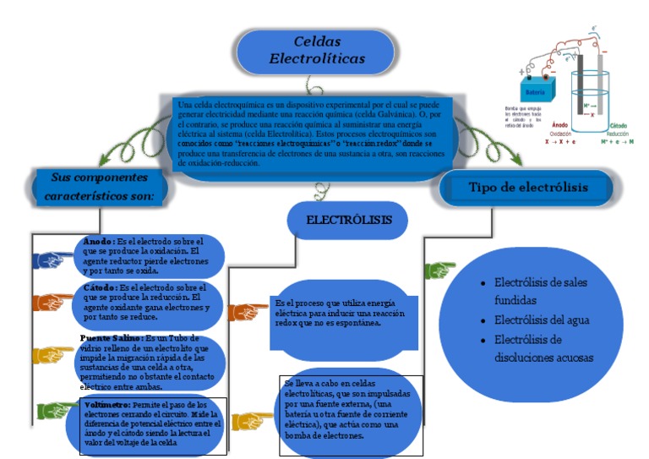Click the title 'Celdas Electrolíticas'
(x=317, y=51)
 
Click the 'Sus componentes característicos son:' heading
(x=99, y=187)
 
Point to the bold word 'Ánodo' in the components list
(x=99, y=241)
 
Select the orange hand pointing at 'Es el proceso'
(x=248, y=312)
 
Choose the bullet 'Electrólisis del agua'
(x=542, y=320)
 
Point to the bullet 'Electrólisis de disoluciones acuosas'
(x=543, y=348)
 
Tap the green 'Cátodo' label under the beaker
(x=619, y=126)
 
